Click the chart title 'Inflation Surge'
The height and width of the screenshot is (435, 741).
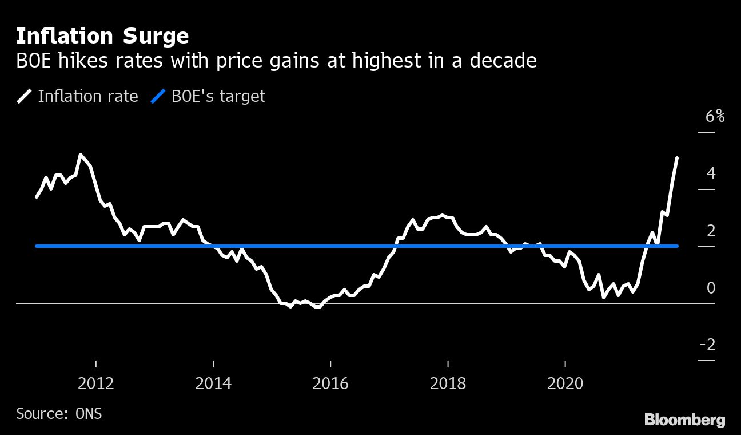pyautogui.click(x=102, y=37)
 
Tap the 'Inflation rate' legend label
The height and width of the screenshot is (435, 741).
pyautogui.click(x=88, y=96)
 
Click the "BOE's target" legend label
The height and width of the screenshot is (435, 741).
pyautogui.click(x=218, y=96)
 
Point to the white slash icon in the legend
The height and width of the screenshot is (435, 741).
pyautogui.click(x=25, y=96)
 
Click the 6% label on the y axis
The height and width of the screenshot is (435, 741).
pyautogui.click(x=715, y=117)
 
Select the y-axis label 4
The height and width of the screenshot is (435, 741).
pyautogui.click(x=711, y=173)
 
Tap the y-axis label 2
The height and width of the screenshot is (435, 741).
pyautogui.click(x=711, y=231)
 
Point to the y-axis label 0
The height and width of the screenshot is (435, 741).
pyautogui.click(x=711, y=288)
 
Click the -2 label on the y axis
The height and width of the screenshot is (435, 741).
pyautogui.click(x=707, y=345)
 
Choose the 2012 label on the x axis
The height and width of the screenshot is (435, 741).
pyautogui.click(x=96, y=383)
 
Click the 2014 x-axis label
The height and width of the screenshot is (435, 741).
pyautogui.click(x=213, y=383)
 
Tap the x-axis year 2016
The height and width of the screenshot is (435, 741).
pyautogui.click(x=330, y=383)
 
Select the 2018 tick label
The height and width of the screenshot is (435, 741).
pyautogui.click(x=448, y=383)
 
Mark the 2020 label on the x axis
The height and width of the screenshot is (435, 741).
pyautogui.click(x=565, y=383)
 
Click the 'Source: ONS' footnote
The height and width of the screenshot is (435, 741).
pyautogui.click(x=59, y=413)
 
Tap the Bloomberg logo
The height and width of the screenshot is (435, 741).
pyautogui.click(x=684, y=420)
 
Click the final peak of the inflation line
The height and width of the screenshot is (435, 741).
pyautogui.click(x=677, y=158)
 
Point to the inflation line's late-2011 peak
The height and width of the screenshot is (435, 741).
pyautogui.click(x=80, y=154)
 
